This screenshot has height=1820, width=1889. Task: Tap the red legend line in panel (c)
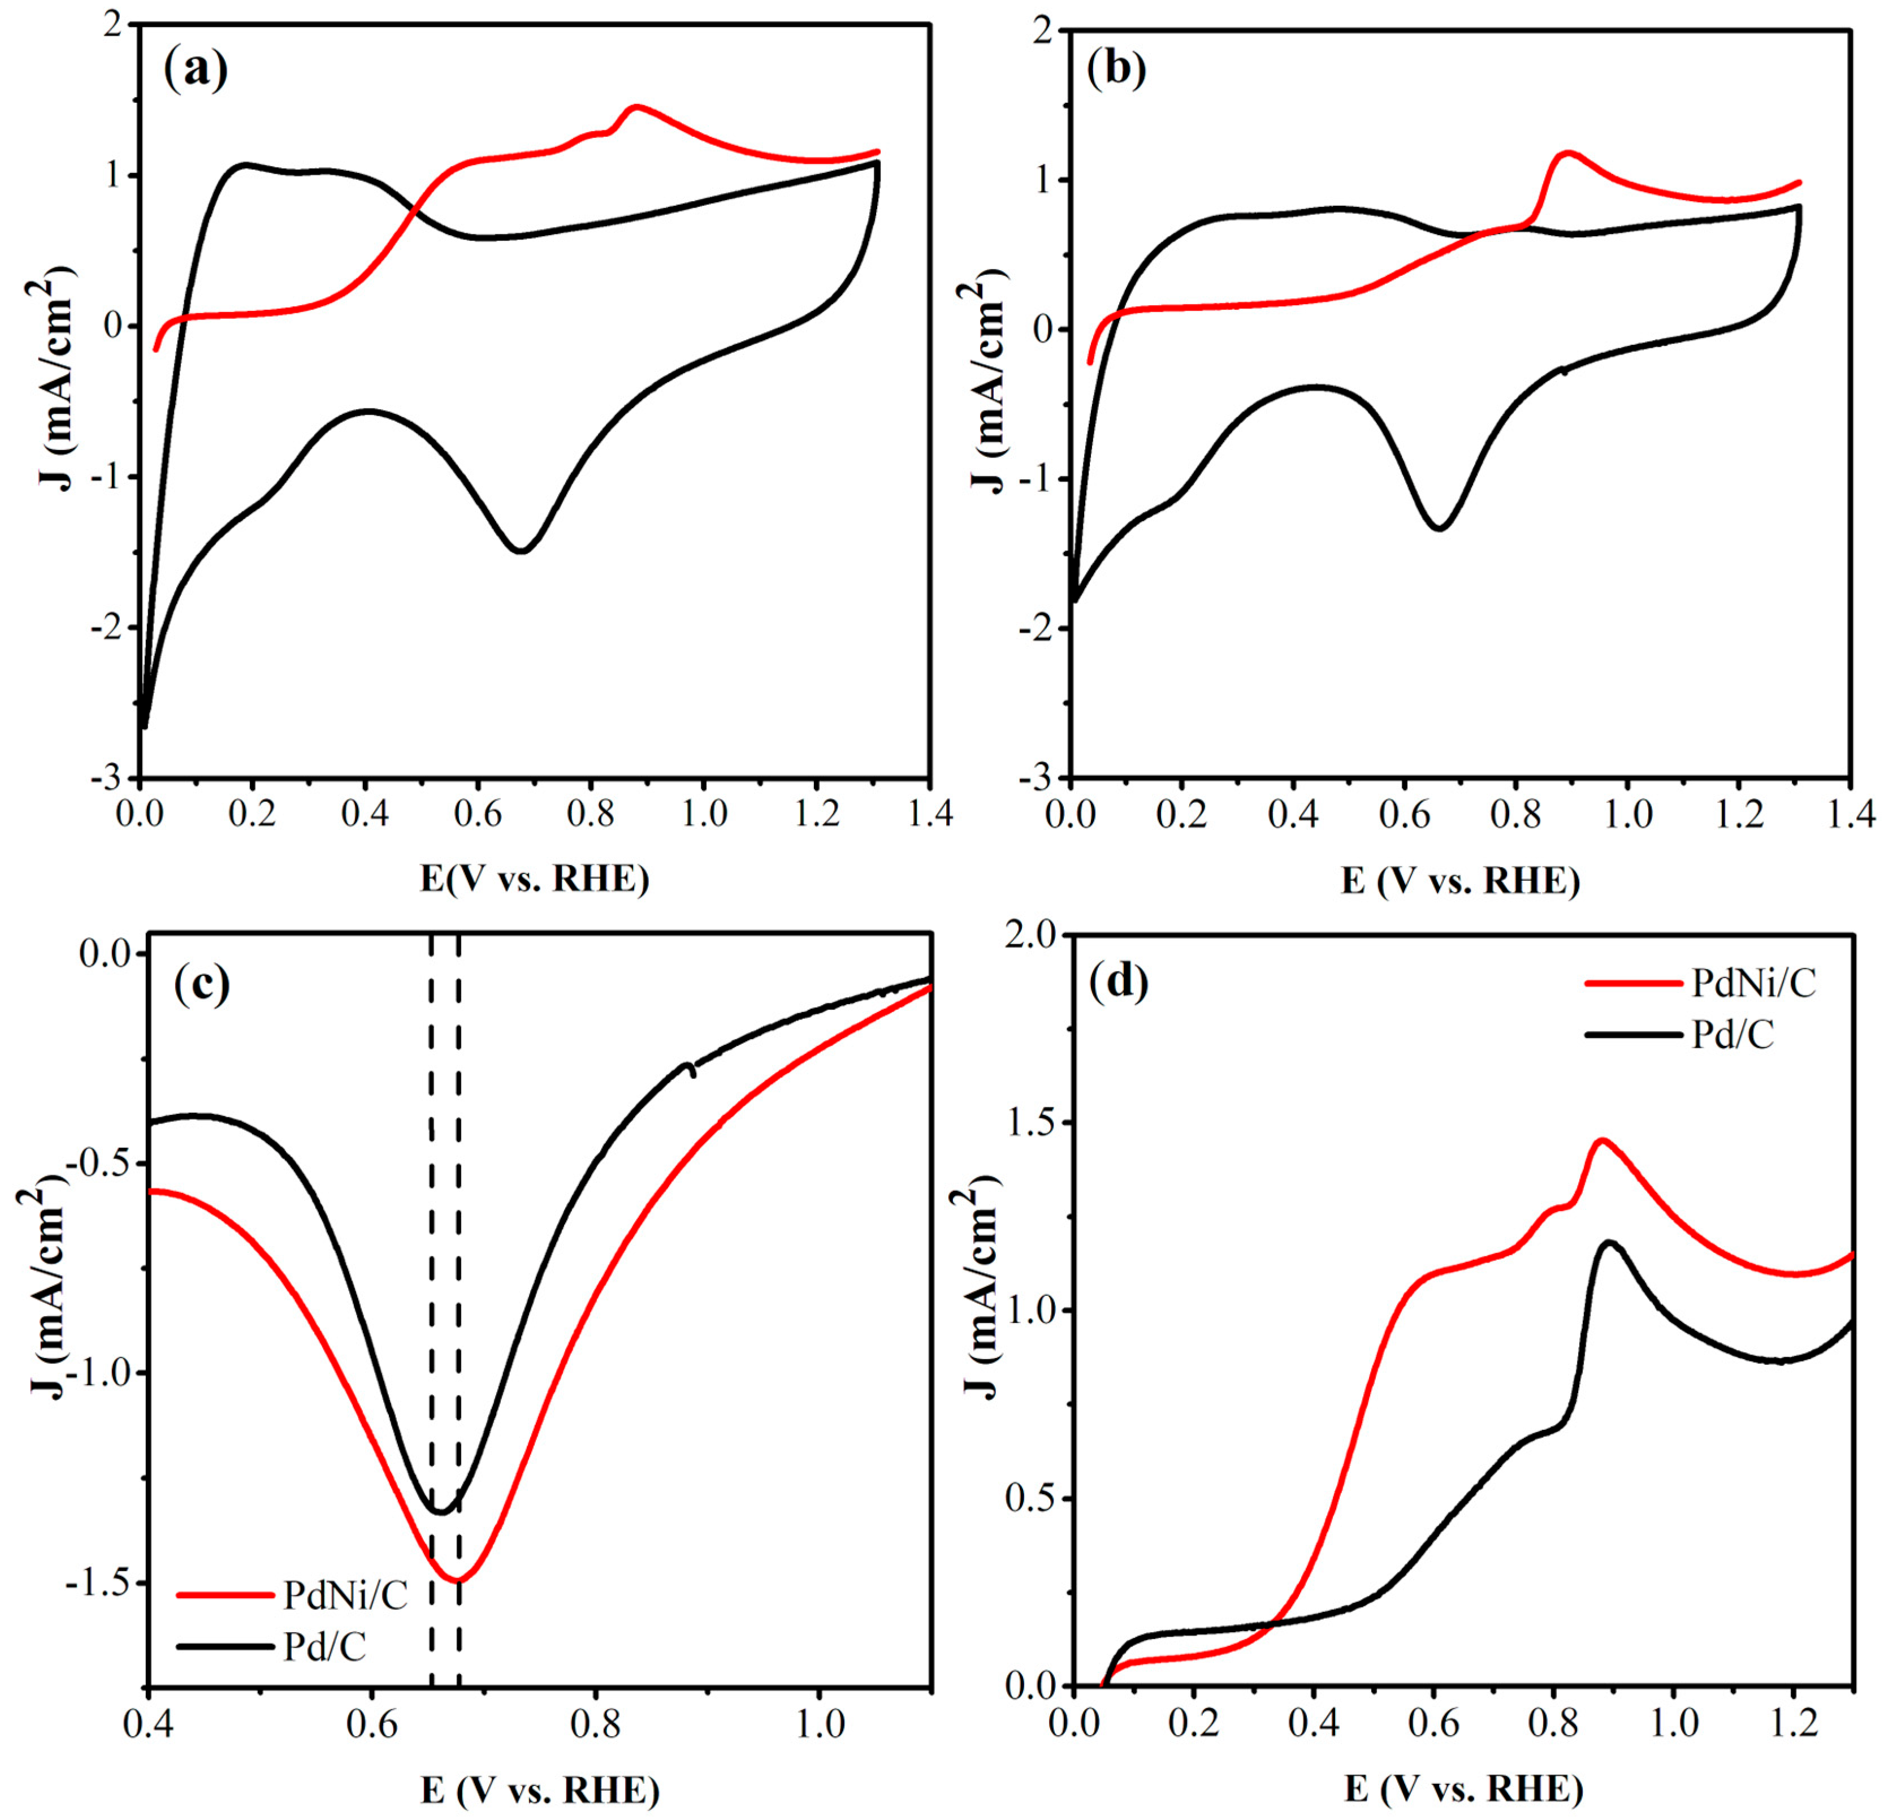pos(224,1596)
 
